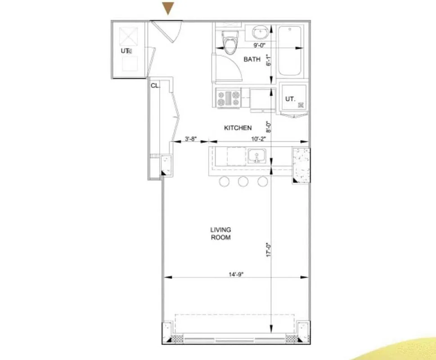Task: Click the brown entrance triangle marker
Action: point(168,8)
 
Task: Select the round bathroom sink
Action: point(260,32)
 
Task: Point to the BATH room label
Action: point(252,59)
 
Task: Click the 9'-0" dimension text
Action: point(261,45)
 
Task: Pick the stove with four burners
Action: point(229,98)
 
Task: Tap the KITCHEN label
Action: point(238,128)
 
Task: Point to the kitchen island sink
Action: point(256,156)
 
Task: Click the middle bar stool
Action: point(243,181)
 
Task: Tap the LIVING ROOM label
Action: point(220,234)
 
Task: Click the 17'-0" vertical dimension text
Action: point(269,249)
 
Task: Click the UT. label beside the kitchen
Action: point(290,99)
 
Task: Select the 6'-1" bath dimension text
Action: point(269,60)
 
